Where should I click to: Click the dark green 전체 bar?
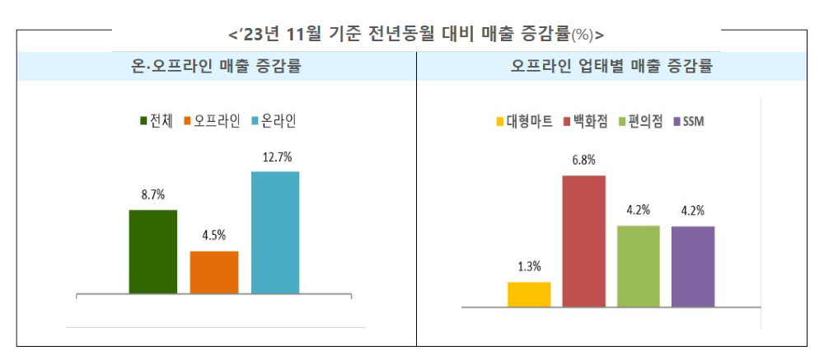[x=153, y=251]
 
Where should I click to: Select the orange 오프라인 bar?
[x=214, y=272]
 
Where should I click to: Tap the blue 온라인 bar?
[x=275, y=232]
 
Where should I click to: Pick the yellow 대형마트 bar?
[x=529, y=294]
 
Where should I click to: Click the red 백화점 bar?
[x=584, y=241]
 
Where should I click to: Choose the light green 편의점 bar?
[x=639, y=266]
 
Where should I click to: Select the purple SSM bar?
[x=693, y=266]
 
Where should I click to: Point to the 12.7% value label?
[x=276, y=157]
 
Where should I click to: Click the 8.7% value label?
[x=153, y=195]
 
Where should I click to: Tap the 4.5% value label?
[x=214, y=235]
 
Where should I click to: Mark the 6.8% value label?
[x=584, y=160]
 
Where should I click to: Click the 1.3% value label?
[x=529, y=266]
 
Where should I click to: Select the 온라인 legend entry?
[x=274, y=121]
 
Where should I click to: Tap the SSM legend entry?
[x=688, y=122]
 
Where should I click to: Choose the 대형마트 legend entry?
[x=524, y=122]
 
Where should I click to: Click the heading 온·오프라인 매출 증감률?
[x=215, y=67]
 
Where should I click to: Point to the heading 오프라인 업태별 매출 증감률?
[x=611, y=67]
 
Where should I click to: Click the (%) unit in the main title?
[x=582, y=35]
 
